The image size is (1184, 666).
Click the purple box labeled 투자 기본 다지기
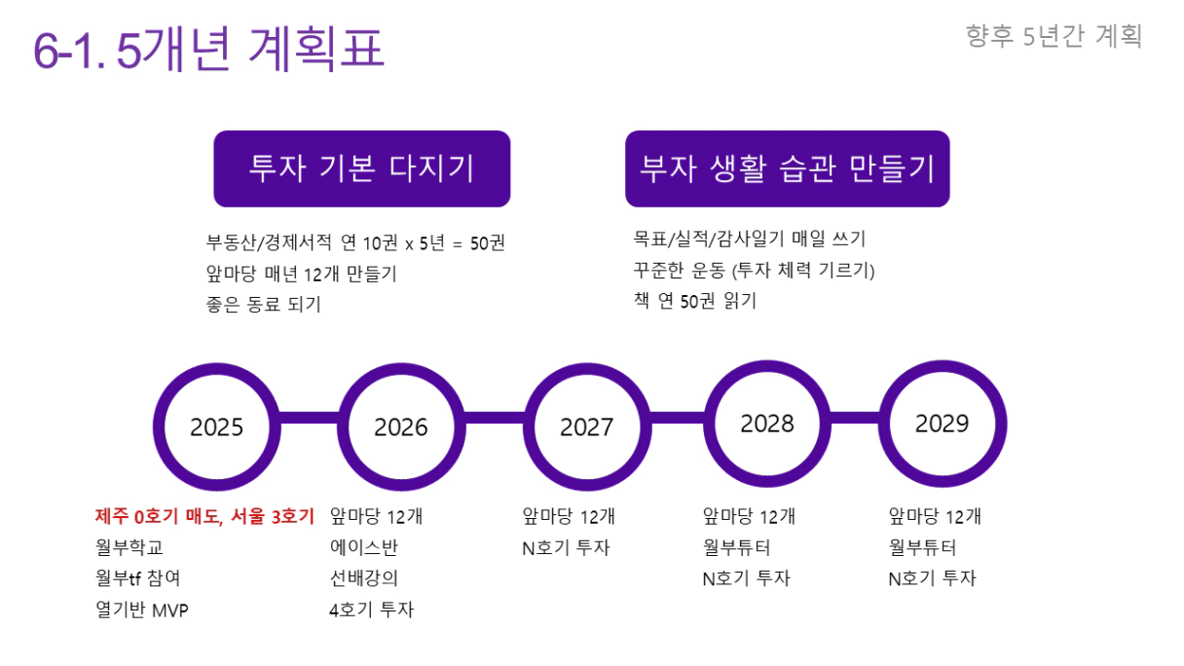tap(362, 168)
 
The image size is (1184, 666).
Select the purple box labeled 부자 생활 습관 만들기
tap(788, 168)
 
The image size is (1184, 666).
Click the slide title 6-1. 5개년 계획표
tap(208, 49)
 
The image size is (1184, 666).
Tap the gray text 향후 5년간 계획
tap(1054, 36)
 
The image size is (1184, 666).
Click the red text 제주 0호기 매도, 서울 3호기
tap(205, 516)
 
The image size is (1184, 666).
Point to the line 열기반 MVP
tap(141, 610)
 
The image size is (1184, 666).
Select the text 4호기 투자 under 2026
tap(372, 610)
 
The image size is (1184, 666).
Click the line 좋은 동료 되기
tap(263, 305)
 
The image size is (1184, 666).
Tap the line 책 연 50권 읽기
tap(695, 301)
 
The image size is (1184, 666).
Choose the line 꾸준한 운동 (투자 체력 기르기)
tap(754, 270)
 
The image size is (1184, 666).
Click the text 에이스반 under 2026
tap(363, 547)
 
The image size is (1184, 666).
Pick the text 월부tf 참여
tap(137, 577)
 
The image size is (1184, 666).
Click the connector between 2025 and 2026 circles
tap(310, 418)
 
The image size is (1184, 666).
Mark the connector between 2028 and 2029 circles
tap(855, 418)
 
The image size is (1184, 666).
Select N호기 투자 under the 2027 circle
tap(566, 547)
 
